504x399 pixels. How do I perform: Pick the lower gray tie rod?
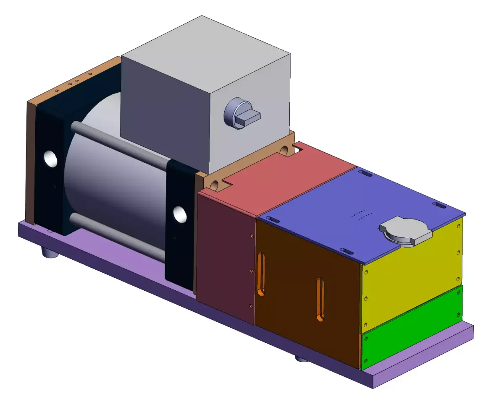pyautogui.click(x=118, y=235)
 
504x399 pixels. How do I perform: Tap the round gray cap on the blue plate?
pyautogui.click(x=406, y=232)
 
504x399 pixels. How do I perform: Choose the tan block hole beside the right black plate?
pyautogui.click(x=215, y=184)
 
